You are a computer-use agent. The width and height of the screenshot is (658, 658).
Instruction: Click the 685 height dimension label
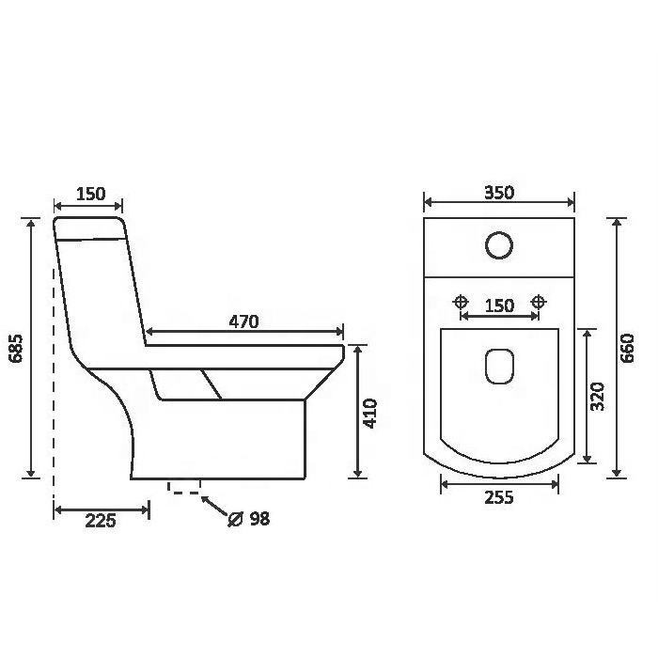(x=17, y=349)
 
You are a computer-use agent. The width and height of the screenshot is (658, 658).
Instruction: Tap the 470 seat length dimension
(x=243, y=321)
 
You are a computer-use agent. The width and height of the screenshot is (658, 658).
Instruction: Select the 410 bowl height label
(x=370, y=414)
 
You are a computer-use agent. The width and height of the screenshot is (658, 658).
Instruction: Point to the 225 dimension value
(x=101, y=521)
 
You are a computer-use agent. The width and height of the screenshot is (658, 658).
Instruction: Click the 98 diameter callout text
(x=259, y=519)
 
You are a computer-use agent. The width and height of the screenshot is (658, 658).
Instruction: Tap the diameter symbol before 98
(x=235, y=519)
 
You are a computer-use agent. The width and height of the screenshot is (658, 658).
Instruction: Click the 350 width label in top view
(x=499, y=193)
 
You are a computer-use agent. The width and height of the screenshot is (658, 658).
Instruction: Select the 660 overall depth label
(x=628, y=349)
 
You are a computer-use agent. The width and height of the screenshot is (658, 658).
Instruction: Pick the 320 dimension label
(x=597, y=396)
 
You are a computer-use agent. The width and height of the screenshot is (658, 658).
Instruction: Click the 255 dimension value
(x=499, y=497)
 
